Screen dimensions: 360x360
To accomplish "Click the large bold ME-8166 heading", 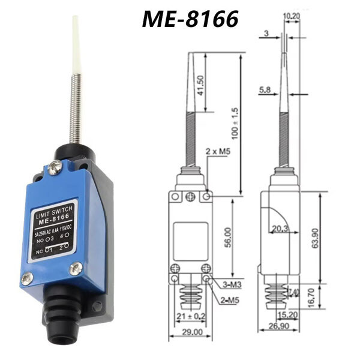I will [x=190, y=19].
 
